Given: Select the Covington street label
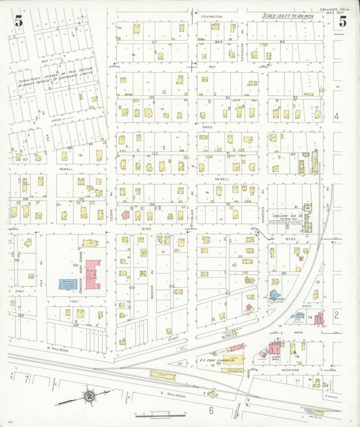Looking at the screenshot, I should click(211, 15).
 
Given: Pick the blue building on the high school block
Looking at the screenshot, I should click(70, 284).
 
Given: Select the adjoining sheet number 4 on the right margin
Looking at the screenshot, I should click(337, 116).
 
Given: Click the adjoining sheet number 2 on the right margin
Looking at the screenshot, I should click(336, 315).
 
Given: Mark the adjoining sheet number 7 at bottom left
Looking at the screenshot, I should click(27, 381).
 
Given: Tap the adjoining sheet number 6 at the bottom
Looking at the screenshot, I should click(210, 409).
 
